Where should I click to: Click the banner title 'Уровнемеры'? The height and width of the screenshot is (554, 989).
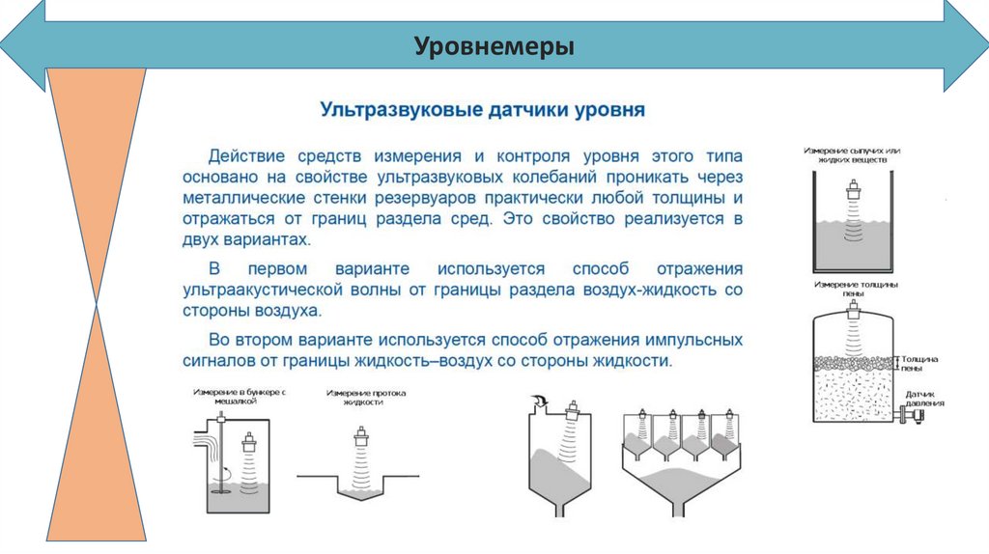tap(494, 45)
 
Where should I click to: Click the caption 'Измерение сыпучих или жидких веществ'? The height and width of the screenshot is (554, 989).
tap(851, 157)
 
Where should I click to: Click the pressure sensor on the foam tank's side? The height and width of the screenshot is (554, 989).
tap(910, 417)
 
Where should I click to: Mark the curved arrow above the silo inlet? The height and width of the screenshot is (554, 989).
tap(537, 400)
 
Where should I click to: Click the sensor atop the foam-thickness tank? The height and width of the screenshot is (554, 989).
tap(853, 310)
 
